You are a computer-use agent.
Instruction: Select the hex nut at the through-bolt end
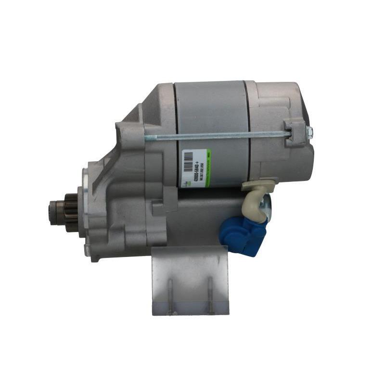pos(309,131)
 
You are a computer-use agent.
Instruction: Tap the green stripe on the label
pos(208,168)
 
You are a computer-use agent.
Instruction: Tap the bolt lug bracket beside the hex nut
pos(295,131)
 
